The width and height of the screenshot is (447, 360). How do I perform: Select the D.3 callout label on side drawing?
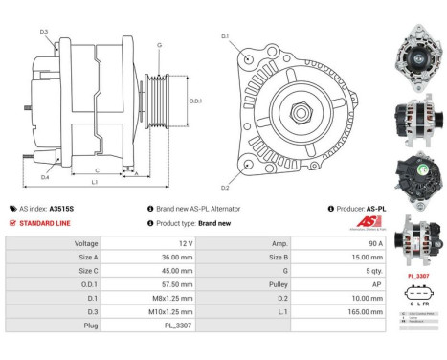(44, 32)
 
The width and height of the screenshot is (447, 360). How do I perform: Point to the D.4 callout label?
(45, 177)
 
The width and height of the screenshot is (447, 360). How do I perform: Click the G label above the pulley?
(159, 45)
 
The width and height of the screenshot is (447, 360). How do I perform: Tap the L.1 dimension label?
(94, 182)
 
